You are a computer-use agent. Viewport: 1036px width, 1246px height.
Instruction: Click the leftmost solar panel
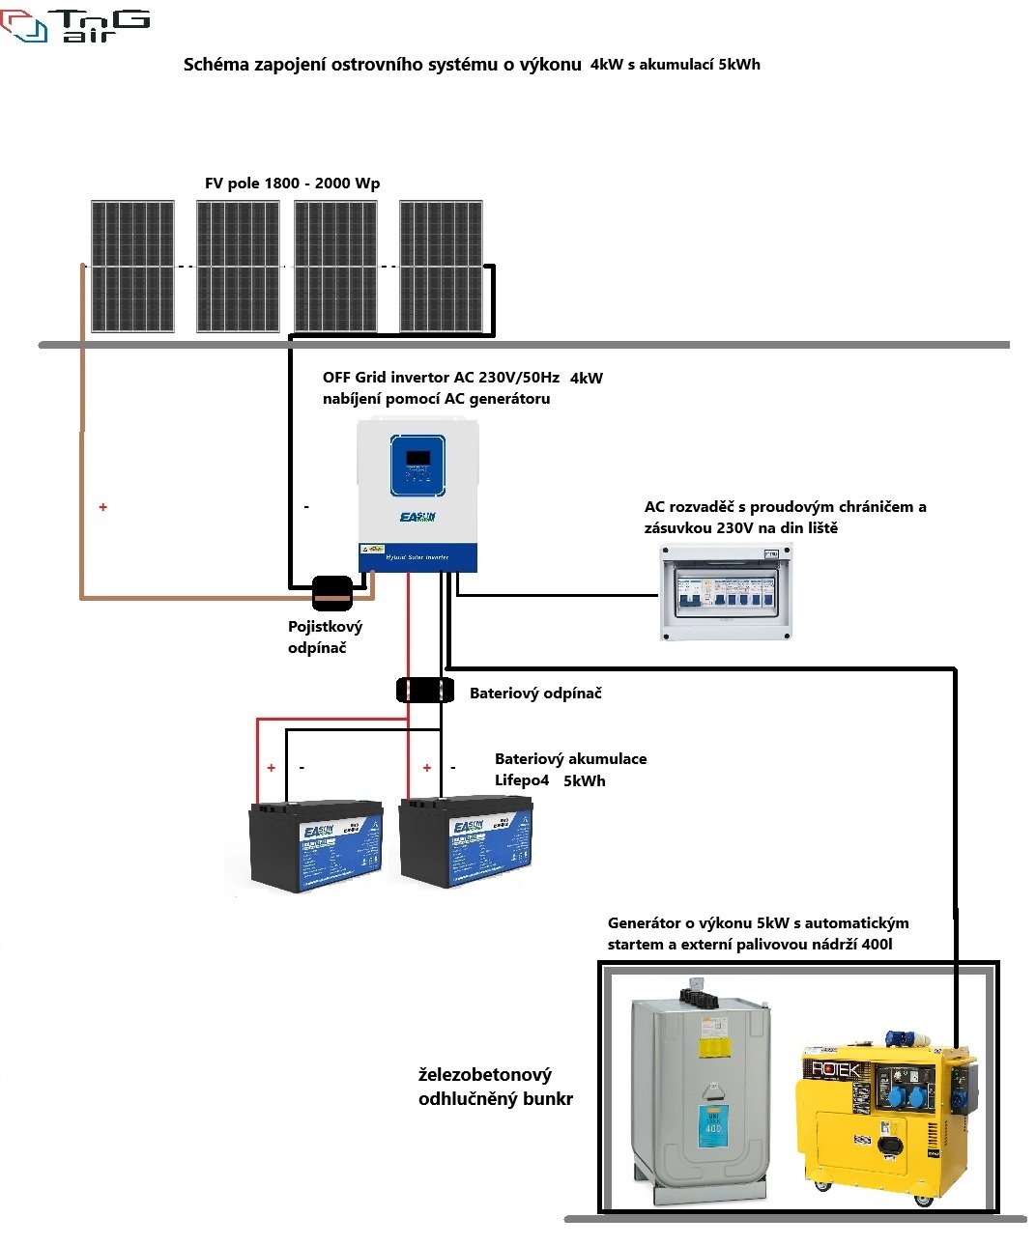coord(132,267)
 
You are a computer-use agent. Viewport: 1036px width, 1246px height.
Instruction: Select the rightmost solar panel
coord(441,267)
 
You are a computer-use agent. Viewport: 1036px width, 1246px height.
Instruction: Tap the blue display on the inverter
coord(417,465)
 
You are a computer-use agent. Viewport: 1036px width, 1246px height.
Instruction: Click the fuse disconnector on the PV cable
coord(332,594)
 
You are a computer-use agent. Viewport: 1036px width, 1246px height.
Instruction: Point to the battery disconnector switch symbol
coord(425,691)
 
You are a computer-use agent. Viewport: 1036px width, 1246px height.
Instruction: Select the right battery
coord(465,840)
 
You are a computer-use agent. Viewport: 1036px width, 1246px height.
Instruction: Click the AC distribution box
coord(726,592)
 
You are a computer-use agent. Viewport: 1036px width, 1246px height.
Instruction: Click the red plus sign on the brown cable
coord(103,507)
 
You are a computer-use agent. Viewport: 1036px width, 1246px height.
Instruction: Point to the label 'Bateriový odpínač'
coord(535,694)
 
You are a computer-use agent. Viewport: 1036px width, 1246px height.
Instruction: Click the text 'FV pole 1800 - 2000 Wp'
coord(292,184)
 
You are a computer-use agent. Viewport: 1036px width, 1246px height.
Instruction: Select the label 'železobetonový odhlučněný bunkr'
coord(495,1087)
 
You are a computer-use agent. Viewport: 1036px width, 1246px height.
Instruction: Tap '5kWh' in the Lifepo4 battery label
coord(585,781)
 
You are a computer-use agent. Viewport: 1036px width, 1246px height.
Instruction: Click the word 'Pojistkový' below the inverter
coord(325,627)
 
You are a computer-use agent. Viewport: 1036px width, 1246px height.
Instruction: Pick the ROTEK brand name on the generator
coord(835,1069)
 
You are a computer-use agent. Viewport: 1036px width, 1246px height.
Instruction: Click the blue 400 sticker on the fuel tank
coord(713,1126)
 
